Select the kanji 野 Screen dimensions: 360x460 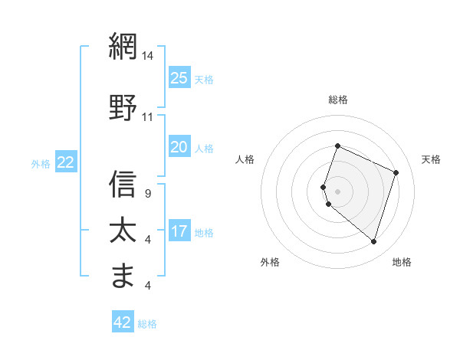(123, 107)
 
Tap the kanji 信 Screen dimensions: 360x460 (123, 184)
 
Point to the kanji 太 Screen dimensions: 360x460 (123, 231)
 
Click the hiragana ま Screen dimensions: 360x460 (123, 275)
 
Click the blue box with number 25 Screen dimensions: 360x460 (179, 78)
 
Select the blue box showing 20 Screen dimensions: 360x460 (179, 147)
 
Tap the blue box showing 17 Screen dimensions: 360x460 (179, 231)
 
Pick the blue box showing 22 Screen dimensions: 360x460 (66, 162)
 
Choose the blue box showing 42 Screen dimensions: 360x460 (123, 322)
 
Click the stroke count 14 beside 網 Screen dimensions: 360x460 (148, 56)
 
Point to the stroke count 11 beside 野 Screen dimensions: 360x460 (148, 117)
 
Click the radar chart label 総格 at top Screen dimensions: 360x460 (337, 100)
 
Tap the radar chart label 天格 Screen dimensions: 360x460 (431, 159)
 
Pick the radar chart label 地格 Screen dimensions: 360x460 (402, 262)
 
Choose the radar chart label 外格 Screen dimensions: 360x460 (270, 262)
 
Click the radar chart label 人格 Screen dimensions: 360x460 (245, 159)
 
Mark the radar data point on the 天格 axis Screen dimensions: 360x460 (396, 172)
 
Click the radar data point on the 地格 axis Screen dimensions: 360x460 (373, 241)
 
